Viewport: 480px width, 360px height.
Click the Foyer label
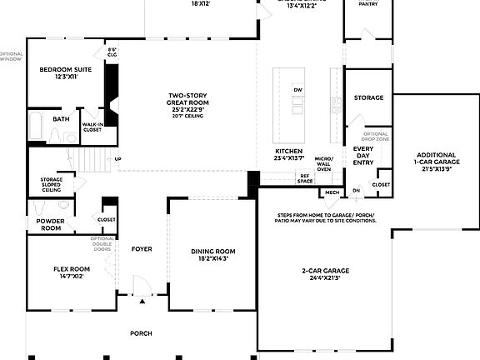141,249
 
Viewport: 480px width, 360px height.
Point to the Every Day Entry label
363,155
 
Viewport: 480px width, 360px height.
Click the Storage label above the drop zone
368,97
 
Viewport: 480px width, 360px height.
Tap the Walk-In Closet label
92,127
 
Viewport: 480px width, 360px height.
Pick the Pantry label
367,4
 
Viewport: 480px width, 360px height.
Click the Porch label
141,333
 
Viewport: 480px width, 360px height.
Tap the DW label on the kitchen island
297,90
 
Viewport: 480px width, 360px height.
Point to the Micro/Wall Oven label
324,164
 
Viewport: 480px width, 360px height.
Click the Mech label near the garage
332,192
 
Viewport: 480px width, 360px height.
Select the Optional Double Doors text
102,243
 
